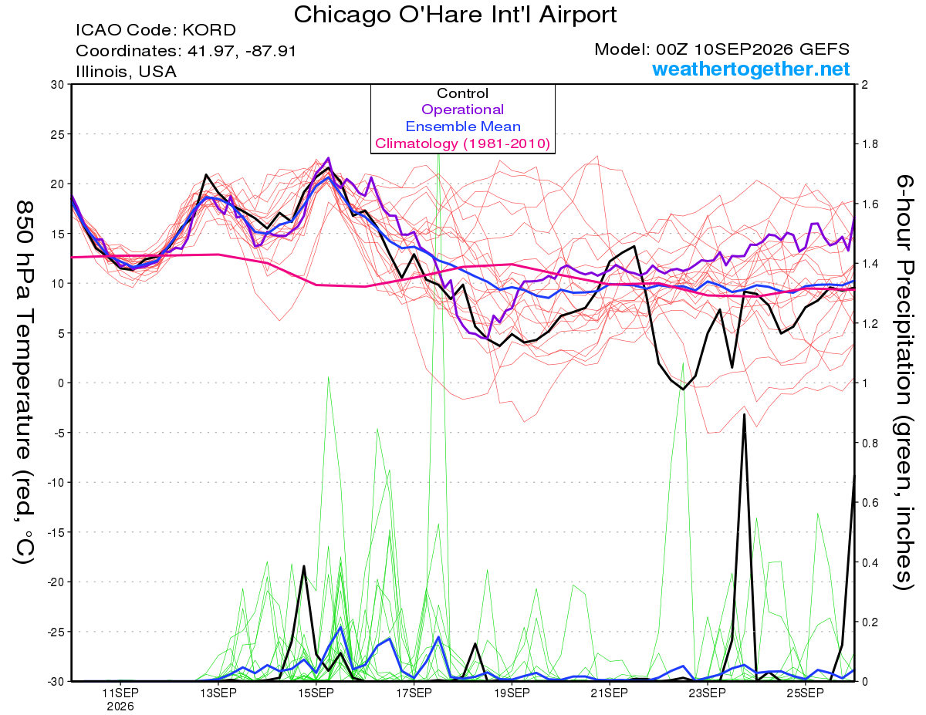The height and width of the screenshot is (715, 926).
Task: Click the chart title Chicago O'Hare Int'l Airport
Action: tap(455, 15)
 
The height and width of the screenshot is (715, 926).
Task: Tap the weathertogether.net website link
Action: tap(751, 69)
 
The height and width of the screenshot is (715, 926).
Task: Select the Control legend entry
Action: tap(462, 93)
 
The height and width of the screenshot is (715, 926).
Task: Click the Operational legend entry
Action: tap(462, 110)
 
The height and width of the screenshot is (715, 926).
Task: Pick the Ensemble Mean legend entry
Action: tap(463, 126)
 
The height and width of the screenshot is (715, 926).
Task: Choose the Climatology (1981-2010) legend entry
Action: tap(463, 143)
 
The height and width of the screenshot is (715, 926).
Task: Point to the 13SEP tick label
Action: tap(218, 693)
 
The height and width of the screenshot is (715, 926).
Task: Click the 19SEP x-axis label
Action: tap(512, 693)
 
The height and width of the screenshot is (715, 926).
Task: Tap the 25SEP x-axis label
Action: tap(805, 693)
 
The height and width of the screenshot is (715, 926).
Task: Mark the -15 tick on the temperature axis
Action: tap(55, 532)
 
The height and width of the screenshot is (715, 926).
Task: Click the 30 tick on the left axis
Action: tap(58, 84)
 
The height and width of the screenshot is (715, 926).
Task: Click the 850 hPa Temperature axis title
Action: tap(25, 382)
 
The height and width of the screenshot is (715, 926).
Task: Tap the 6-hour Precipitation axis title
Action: tap(904, 382)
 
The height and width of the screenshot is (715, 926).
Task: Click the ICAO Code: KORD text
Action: tap(156, 30)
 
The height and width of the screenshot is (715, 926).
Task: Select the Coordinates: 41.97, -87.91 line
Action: tap(186, 51)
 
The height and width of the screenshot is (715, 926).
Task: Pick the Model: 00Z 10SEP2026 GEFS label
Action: tap(722, 49)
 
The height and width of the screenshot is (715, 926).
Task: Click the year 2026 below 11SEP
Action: tap(120, 707)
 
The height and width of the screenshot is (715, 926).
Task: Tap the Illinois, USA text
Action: tap(126, 72)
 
